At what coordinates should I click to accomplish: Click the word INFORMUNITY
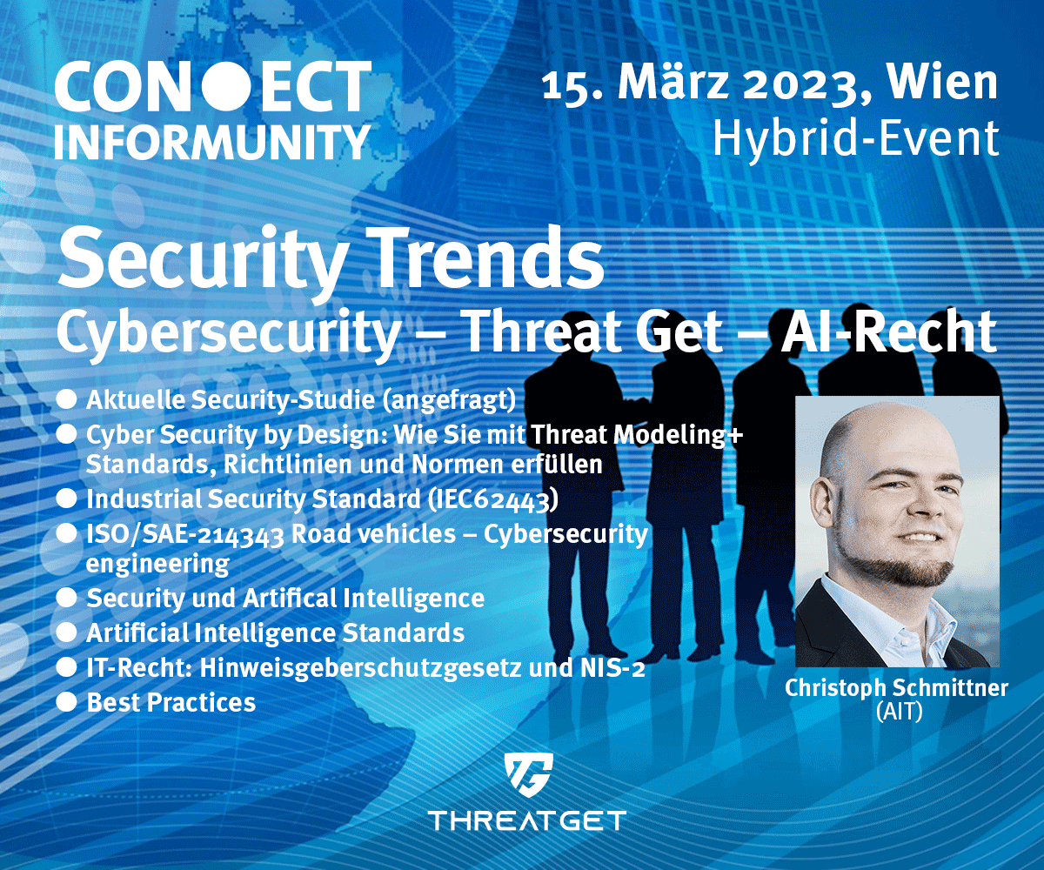(x=212, y=142)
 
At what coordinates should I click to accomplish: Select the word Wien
(x=941, y=83)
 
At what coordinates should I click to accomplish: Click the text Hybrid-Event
(x=855, y=138)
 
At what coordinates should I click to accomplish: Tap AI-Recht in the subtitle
(x=888, y=331)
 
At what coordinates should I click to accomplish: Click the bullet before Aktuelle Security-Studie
(x=66, y=399)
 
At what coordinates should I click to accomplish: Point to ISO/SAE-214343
(x=185, y=534)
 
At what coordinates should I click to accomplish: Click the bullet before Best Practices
(x=66, y=702)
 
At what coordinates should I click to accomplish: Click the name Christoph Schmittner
(x=896, y=688)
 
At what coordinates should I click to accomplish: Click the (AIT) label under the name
(x=899, y=712)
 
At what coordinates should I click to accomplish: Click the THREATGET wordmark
(x=527, y=820)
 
